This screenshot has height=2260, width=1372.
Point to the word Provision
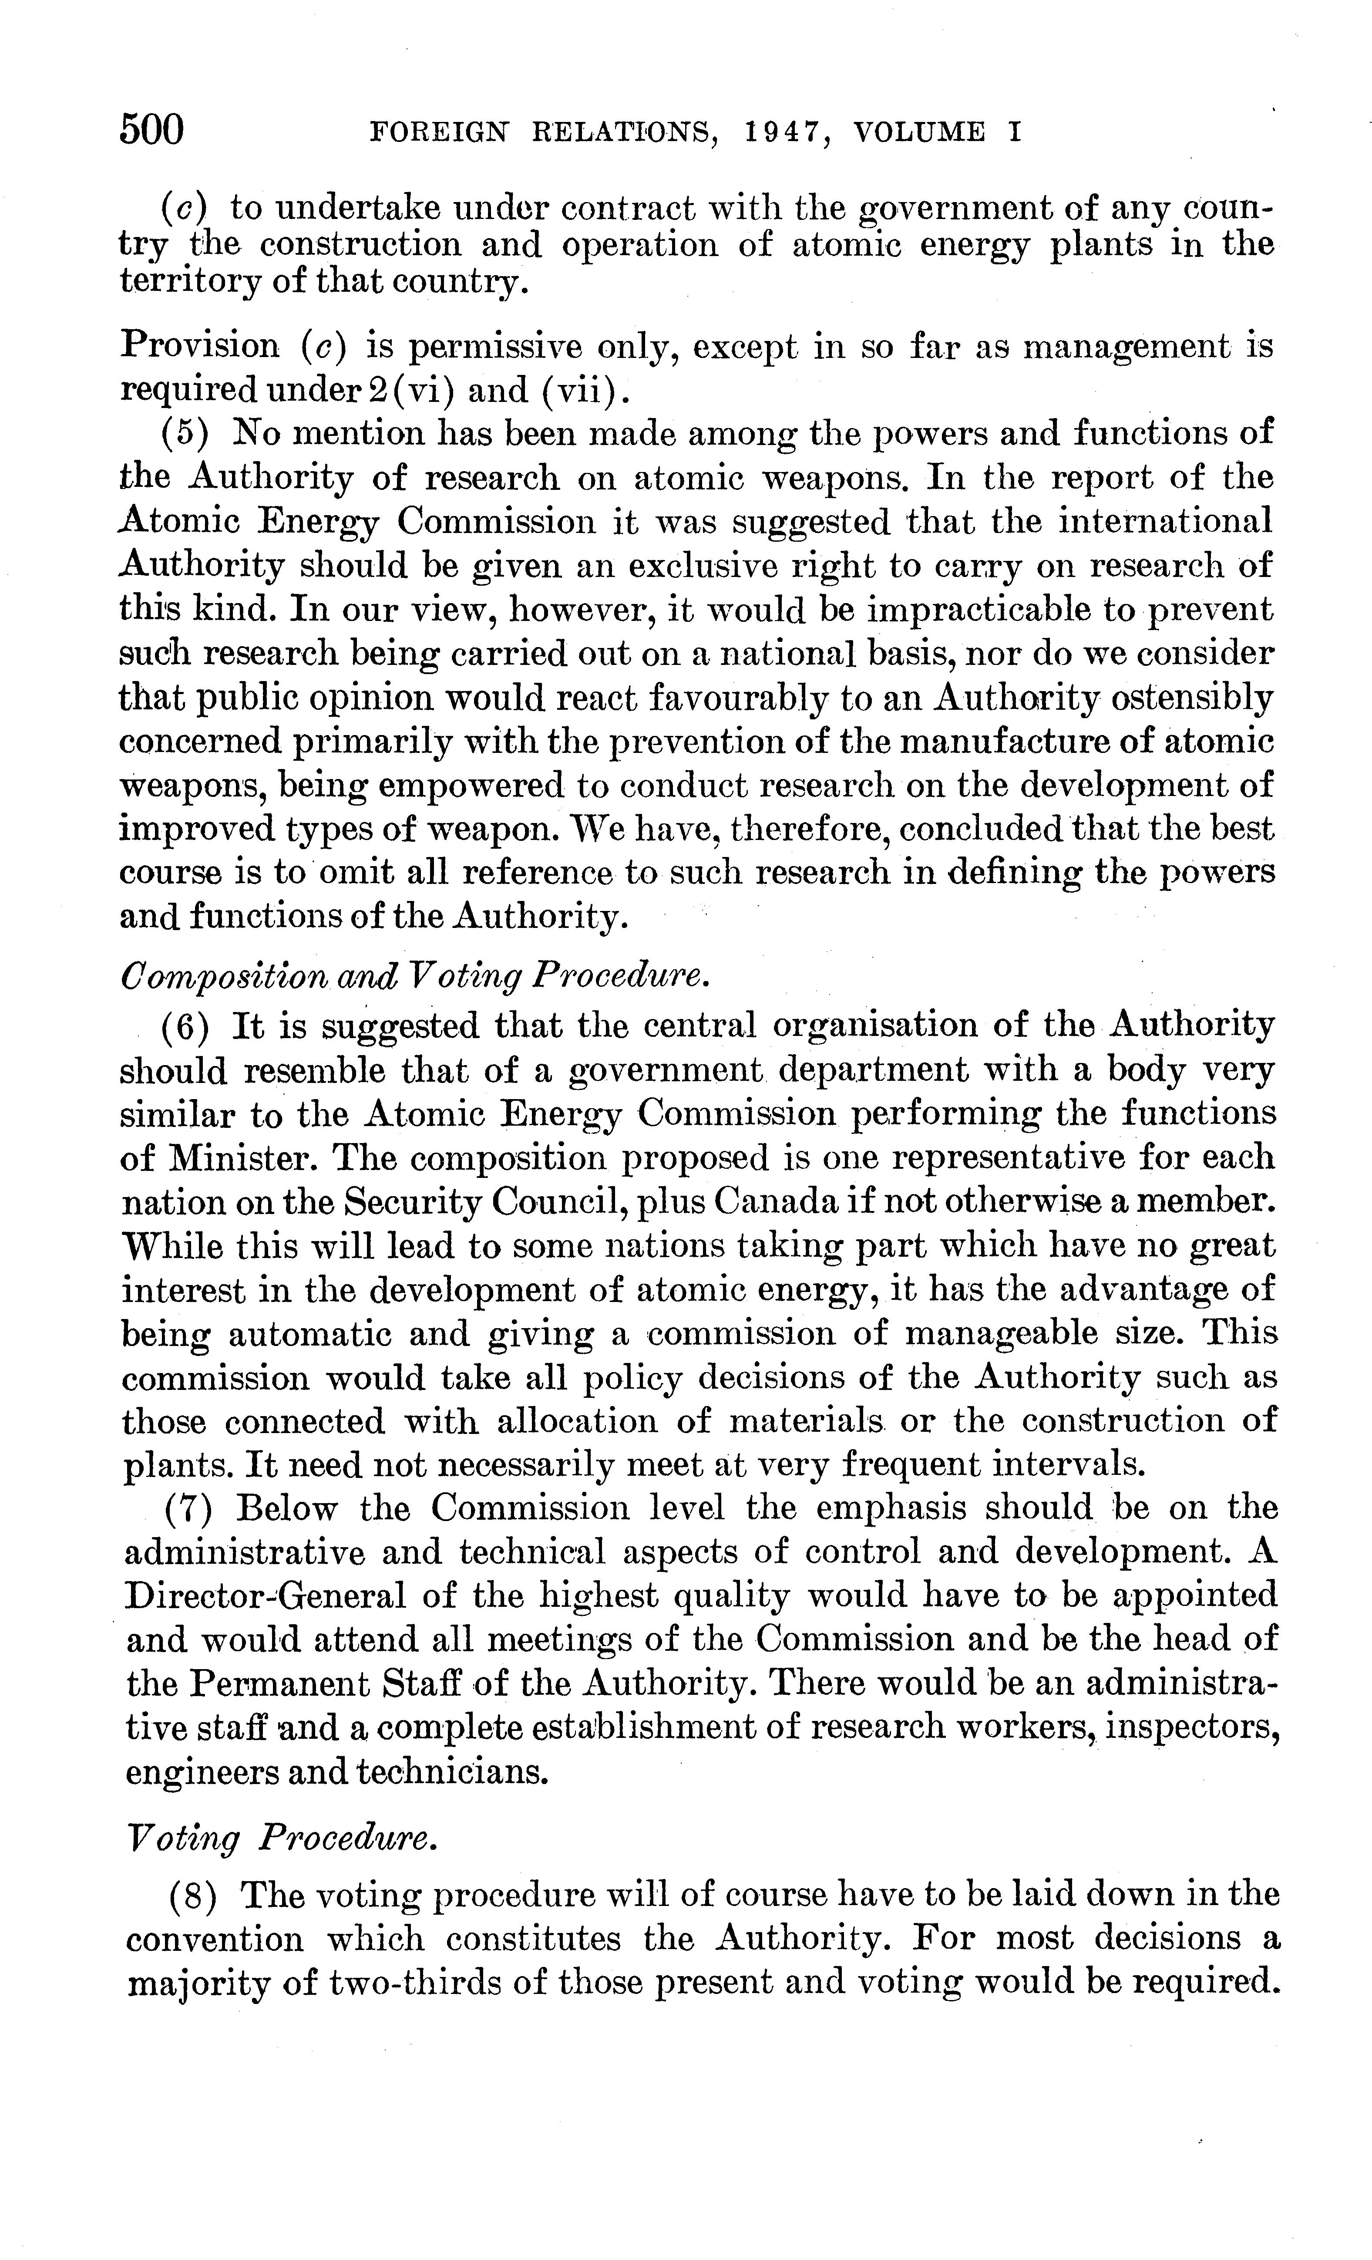[200, 346]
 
